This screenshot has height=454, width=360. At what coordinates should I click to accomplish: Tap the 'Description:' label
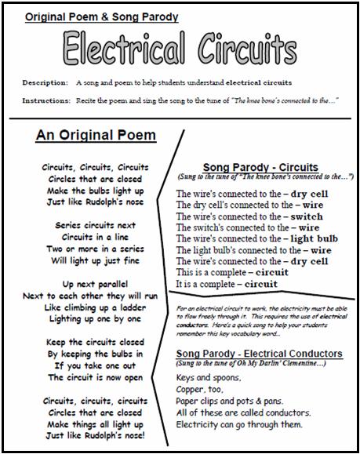click(45, 82)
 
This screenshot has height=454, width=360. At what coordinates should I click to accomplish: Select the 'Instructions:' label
click(46, 100)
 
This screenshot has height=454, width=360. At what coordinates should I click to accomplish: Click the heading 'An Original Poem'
click(96, 136)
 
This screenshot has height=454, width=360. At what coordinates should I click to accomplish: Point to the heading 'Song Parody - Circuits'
click(260, 167)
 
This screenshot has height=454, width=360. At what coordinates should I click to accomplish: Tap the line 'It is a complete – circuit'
click(232, 284)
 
